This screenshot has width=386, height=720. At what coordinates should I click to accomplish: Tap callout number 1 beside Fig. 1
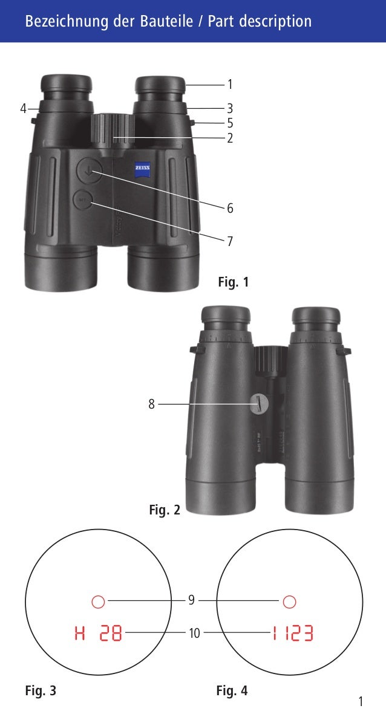click(229, 85)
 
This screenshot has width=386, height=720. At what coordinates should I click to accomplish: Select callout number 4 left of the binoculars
click(23, 109)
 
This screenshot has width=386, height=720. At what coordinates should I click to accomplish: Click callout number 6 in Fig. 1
click(230, 209)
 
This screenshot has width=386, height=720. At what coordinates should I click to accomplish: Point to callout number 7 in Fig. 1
click(230, 241)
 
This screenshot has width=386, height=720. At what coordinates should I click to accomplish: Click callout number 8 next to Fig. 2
click(151, 404)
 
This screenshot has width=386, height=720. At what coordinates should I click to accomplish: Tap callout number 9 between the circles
click(191, 600)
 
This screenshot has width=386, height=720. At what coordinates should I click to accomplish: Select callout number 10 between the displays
click(194, 634)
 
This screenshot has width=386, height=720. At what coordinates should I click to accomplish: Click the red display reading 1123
click(292, 634)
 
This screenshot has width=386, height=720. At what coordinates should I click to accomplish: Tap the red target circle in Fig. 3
click(98, 602)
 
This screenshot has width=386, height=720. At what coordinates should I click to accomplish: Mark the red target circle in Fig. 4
click(289, 602)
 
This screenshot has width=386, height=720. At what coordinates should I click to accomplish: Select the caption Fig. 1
click(233, 282)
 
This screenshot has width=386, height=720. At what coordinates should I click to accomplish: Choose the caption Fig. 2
click(165, 510)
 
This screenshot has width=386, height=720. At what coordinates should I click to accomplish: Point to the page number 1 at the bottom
click(361, 701)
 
